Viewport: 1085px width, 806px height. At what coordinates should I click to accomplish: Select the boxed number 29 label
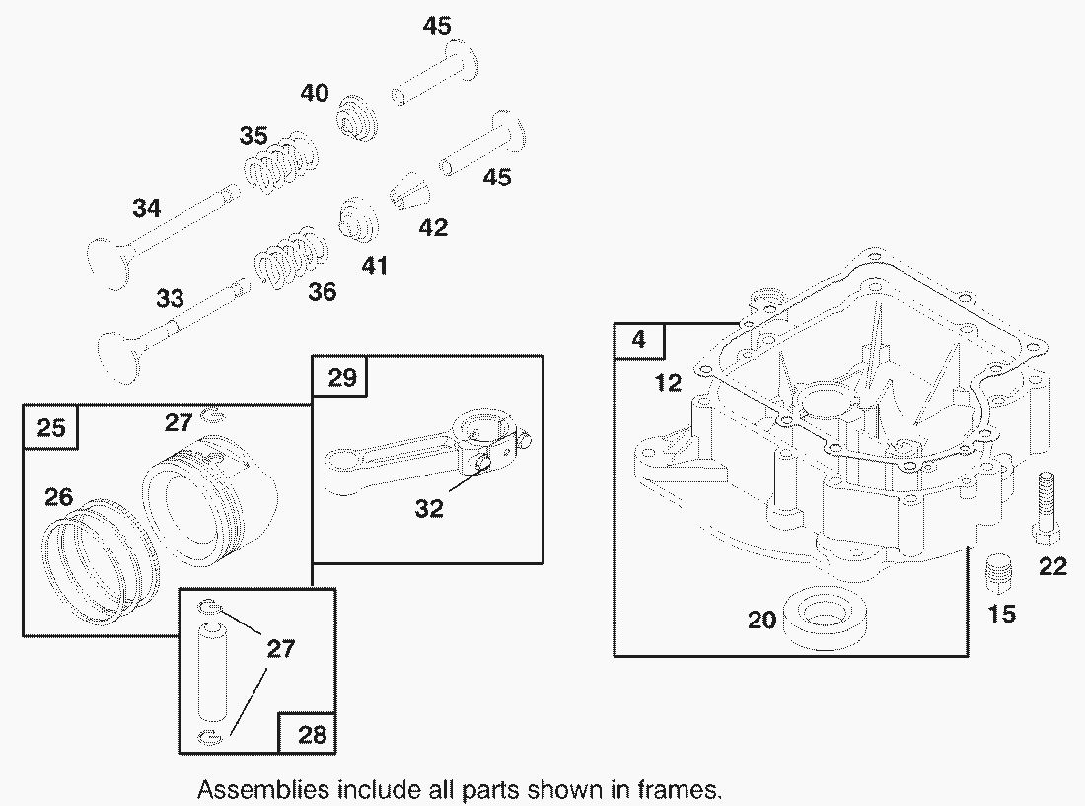(x=338, y=377)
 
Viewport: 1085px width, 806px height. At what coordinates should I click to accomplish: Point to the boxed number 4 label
(x=639, y=340)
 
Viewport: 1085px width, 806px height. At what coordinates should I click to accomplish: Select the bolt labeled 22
(x=1047, y=507)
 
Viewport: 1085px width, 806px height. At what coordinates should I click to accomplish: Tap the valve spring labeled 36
(x=287, y=257)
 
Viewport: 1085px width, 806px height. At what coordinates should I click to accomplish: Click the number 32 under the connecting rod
(x=428, y=509)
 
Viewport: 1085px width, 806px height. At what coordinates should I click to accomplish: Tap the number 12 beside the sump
(x=668, y=383)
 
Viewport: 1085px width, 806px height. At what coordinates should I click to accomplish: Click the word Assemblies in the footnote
(x=263, y=789)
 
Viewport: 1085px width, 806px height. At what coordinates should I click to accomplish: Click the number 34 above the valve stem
(x=146, y=209)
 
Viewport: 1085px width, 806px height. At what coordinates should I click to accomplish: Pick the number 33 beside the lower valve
(x=170, y=298)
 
